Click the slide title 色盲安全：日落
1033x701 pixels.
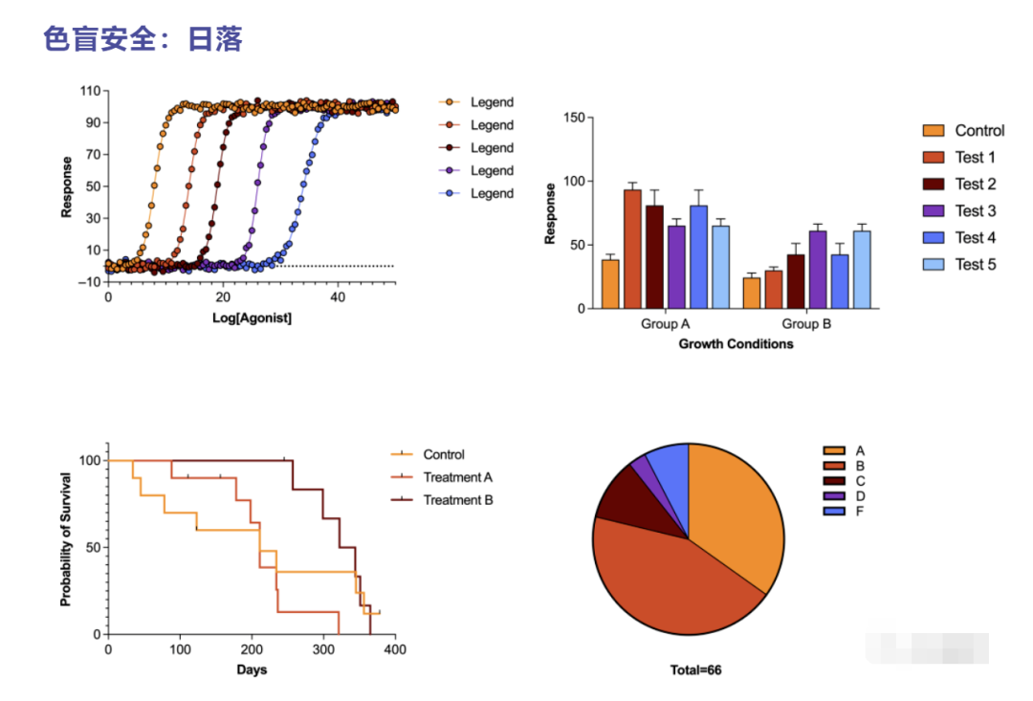tap(143, 39)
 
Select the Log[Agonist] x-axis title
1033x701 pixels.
tap(252, 318)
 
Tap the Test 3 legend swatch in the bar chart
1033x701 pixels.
tap(933, 210)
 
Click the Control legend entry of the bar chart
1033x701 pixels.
tap(979, 131)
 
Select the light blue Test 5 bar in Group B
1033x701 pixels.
tap(862, 269)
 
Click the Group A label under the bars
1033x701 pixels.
tap(665, 324)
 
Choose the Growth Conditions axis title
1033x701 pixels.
tap(736, 343)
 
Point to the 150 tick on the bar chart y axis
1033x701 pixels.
tap(573, 118)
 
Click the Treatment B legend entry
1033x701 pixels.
tap(457, 500)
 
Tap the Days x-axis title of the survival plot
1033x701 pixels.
tap(252, 669)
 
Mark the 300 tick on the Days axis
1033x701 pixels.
tap(323, 650)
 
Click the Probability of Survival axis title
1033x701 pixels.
tap(66, 539)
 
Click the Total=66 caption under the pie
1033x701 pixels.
tap(695, 670)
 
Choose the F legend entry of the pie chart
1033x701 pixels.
tap(860, 512)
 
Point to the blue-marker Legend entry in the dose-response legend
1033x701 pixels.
tap(492, 193)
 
